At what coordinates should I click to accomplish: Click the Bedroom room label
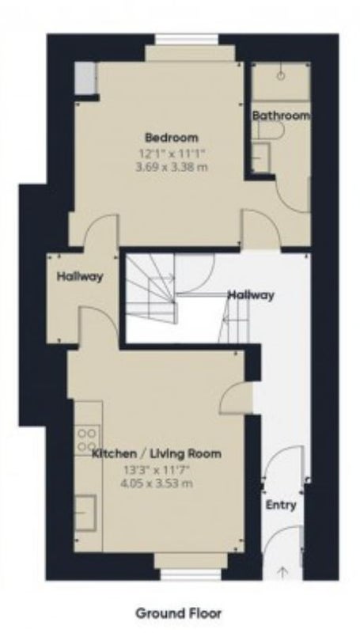(x=172, y=138)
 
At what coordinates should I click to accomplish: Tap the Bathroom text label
(x=282, y=116)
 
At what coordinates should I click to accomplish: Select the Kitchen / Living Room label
(x=157, y=453)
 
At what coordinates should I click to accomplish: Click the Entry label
(x=281, y=505)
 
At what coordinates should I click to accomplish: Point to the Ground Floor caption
(x=179, y=614)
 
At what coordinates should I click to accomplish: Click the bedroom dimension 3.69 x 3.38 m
(x=173, y=167)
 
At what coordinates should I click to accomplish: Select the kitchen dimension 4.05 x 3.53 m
(x=157, y=483)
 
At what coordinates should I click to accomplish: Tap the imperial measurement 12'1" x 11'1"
(x=172, y=154)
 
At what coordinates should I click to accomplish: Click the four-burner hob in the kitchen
(x=87, y=440)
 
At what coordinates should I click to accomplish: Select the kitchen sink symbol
(x=85, y=513)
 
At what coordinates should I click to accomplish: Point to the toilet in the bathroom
(x=271, y=129)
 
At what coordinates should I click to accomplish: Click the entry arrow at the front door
(x=283, y=572)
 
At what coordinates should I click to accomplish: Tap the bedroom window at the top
(x=187, y=39)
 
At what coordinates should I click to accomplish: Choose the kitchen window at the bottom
(x=191, y=575)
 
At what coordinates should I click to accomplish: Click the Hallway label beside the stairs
(x=251, y=295)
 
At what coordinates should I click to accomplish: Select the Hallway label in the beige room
(x=80, y=277)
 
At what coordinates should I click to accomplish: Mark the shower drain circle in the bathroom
(x=281, y=75)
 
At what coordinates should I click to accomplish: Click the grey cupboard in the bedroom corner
(x=85, y=78)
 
